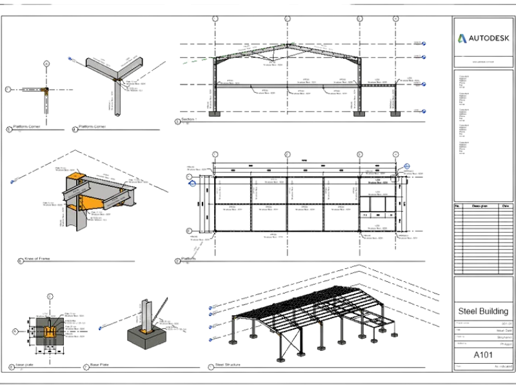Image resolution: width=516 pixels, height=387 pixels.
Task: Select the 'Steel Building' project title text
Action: (x=483, y=310)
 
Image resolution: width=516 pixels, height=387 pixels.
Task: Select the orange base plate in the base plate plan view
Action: (x=49, y=332)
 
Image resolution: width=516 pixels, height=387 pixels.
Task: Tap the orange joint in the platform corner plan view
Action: (x=46, y=89)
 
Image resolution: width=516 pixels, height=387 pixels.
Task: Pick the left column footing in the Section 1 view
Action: (x=214, y=115)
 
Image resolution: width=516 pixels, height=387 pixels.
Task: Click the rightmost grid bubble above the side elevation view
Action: (x=394, y=155)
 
